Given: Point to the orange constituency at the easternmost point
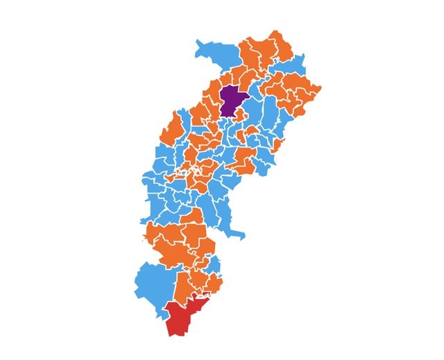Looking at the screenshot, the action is (316, 89).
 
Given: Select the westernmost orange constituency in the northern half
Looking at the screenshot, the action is (172, 129).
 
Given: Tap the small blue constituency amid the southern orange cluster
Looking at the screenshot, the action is (214, 264).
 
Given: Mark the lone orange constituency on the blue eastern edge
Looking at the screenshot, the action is (278, 145).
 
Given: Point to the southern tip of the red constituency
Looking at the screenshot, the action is (171, 335).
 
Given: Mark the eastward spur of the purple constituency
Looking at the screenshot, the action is (246, 95).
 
